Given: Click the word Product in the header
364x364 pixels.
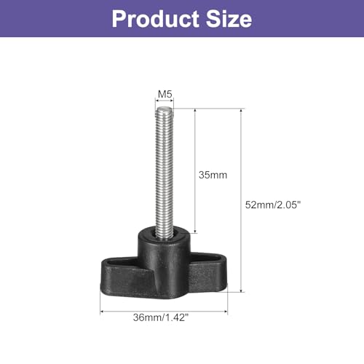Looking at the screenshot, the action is [156, 19].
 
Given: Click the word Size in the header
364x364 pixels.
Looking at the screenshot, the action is [229, 19].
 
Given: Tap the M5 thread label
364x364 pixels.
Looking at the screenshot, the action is [165, 94].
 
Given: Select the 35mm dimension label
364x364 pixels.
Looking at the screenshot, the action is [213, 175].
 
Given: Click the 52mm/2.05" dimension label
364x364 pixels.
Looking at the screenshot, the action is [273, 205].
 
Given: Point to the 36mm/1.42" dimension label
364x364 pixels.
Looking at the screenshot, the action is [161, 317].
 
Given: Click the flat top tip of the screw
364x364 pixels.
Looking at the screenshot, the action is [165, 108].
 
